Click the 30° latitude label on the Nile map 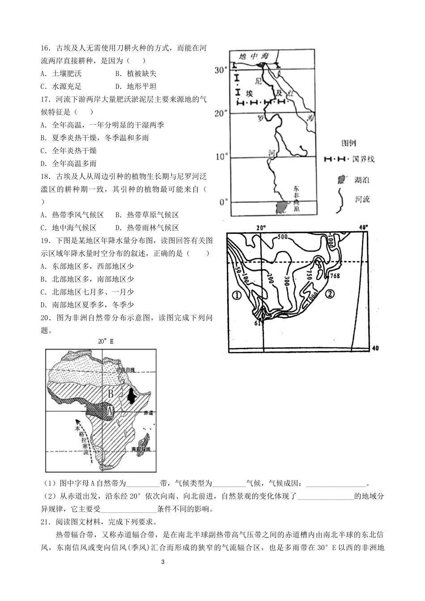click(221, 70)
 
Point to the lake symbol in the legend click(342, 180)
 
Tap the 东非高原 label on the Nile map click(296, 199)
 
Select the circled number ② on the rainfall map click(329, 294)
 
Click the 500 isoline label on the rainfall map click(282, 237)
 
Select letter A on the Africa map click(109, 408)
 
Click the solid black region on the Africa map click(132, 396)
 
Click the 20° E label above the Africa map click(106, 341)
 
